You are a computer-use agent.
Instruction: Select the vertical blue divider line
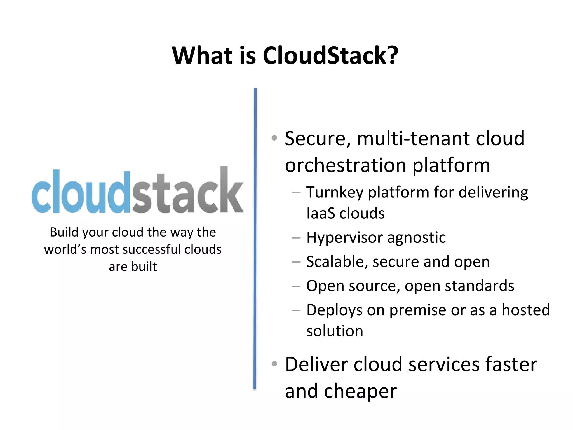click(x=255, y=238)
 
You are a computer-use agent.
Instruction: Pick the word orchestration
click(x=346, y=165)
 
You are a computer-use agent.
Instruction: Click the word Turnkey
click(x=335, y=193)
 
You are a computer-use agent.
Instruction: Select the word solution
click(x=335, y=331)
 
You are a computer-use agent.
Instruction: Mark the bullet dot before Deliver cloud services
click(x=274, y=364)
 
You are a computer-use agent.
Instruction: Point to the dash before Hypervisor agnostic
click(x=296, y=238)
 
